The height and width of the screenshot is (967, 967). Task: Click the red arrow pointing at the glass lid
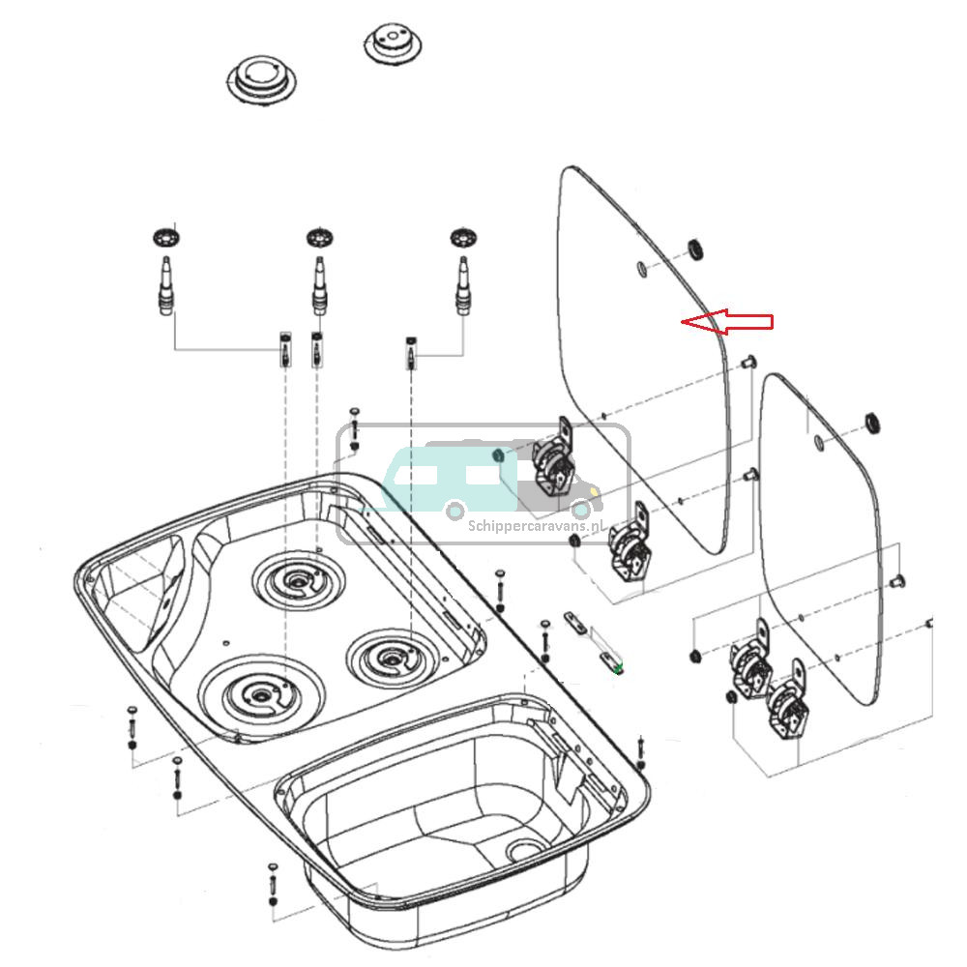coord(727,322)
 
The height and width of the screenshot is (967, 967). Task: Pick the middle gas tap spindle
coord(318,283)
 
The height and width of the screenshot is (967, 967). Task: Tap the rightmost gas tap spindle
coord(463,282)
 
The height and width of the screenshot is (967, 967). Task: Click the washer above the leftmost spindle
coord(167,236)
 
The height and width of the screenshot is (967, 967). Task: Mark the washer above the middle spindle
coord(318,237)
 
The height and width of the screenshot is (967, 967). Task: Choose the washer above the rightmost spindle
coord(463,236)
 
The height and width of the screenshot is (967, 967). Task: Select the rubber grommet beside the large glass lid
coord(693,249)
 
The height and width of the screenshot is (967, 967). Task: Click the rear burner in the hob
coord(298,583)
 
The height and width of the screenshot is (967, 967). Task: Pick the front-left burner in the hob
coord(259,694)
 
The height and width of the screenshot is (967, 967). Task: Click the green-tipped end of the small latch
coord(618,667)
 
